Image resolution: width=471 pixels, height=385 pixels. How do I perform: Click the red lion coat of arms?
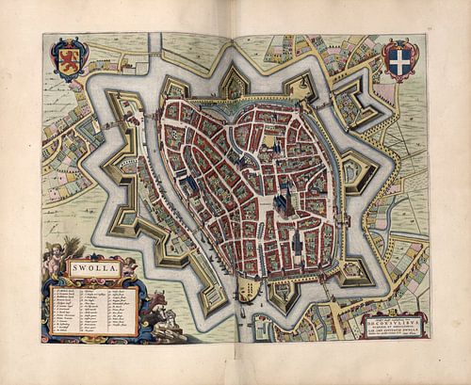(x=69, y=56)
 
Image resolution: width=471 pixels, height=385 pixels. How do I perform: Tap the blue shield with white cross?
(x=399, y=57)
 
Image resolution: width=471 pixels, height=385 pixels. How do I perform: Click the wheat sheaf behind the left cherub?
(x=47, y=252)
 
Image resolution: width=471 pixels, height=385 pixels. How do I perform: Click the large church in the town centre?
(x=282, y=199)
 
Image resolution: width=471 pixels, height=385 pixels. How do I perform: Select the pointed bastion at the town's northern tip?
(x=234, y=84)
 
